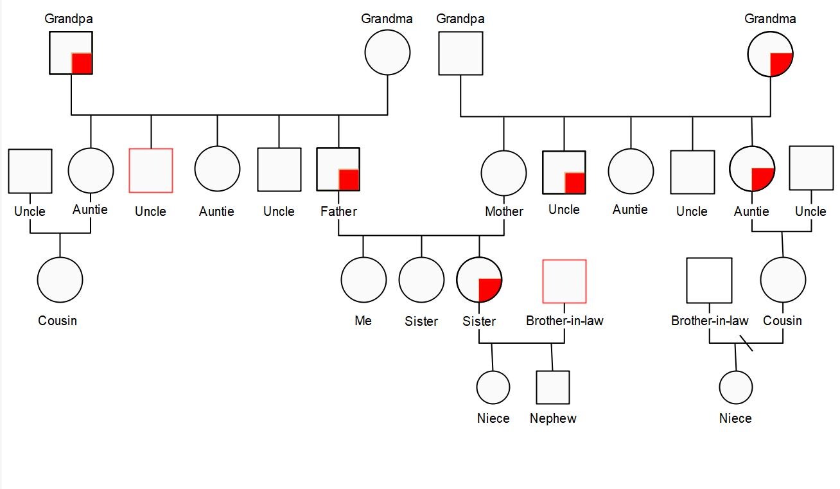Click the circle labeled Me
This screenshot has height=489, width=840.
pos(363,280)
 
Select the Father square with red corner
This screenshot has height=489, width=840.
pos(338,170)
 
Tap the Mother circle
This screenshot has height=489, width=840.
pos(503,173)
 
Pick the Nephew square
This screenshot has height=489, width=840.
pos(553,387)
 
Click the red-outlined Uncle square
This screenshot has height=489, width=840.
pos(151,170)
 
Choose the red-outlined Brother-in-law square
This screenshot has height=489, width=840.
pos(564,281)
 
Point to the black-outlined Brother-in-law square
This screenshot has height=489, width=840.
pos(709,280)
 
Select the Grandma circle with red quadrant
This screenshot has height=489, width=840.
pos(770,54)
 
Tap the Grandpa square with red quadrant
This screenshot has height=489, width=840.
pos(71,53)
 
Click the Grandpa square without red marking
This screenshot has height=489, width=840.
pos(460,53)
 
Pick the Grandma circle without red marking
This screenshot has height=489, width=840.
pos(387,53)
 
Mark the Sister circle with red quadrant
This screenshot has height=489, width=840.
pos(479,280)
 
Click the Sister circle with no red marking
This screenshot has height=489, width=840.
pos(421,280)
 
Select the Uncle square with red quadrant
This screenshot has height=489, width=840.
pos(564,172)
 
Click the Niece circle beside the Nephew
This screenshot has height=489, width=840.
pos(493,387)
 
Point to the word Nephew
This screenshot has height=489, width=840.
pos(553,418)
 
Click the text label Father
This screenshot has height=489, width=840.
pos(338,211)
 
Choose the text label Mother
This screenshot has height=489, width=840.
pos(504,211)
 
